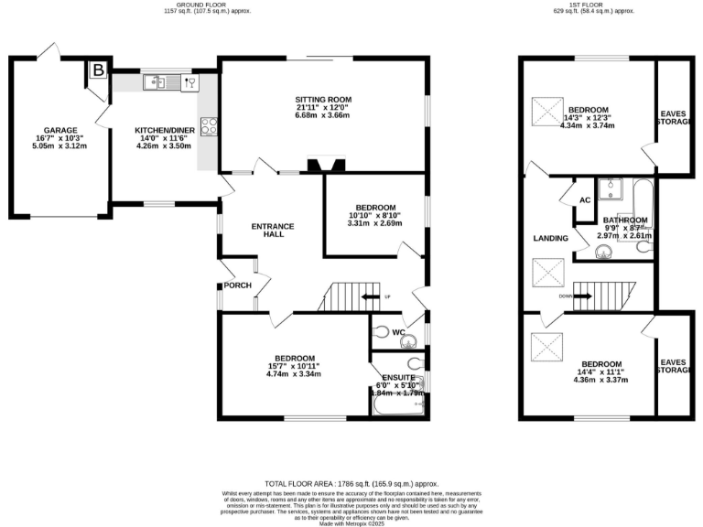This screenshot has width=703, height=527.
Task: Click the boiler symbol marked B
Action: [x=97, y=69]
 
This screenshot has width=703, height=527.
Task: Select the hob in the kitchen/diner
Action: [x=210, y=127]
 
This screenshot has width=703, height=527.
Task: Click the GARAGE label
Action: [x=60, y=130]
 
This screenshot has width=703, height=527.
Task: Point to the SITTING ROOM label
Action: [x=322, y=100]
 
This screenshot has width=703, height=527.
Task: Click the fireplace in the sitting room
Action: [x=326, y=166]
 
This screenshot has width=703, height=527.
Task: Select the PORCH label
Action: [x=237, y=285]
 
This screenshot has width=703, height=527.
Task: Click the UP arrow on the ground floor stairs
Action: [x=369, y=297]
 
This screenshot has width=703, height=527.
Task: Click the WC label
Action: [x=399, y=333]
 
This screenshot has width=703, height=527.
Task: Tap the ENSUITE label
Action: [x=399, y=377]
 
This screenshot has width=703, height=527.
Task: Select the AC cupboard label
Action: [x=584, y=200]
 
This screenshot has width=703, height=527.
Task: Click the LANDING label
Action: [x=551, y=239]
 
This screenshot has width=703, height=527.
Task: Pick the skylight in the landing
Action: [x=549, y=272]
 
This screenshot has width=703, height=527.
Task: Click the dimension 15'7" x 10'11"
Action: [x=290, y=366]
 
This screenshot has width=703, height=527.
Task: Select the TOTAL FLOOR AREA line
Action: [x=351, y=482]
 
